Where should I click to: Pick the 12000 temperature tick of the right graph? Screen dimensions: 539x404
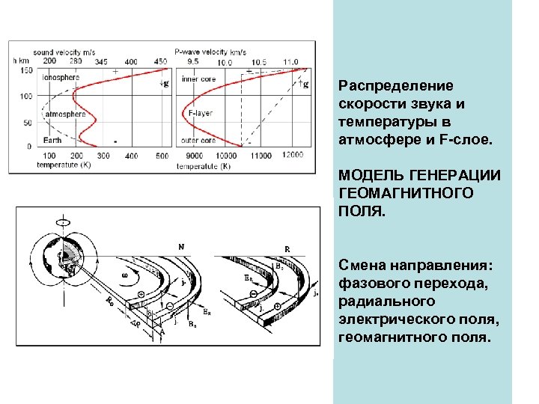pos(292,154)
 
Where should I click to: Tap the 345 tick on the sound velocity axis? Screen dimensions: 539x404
pos(102,61)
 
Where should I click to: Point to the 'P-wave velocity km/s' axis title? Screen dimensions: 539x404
pos(209,52)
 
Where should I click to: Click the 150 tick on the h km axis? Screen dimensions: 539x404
pos(26,70)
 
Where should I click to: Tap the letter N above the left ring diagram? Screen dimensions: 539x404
pos(181,245)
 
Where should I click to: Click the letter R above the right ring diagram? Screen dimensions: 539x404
pos(287,247)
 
